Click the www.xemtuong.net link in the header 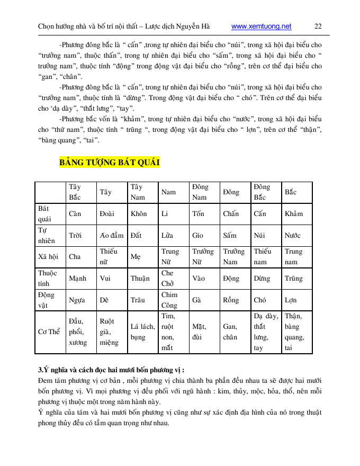coord(262,26)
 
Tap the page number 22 coord(318,26)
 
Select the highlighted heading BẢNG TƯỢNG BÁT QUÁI coord(110,162)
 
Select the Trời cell coord(75,236)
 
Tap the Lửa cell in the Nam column coord(168,236)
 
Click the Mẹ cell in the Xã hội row coord(135,257)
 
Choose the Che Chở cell coord(167,279)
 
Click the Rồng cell coord(231,300)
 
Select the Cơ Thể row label coord(49,332)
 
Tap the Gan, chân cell coord(231,332)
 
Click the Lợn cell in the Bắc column coord(291,300)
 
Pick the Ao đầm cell coord(111,236)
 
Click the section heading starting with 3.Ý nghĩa coord(112,369)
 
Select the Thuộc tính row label coord(48,279)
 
